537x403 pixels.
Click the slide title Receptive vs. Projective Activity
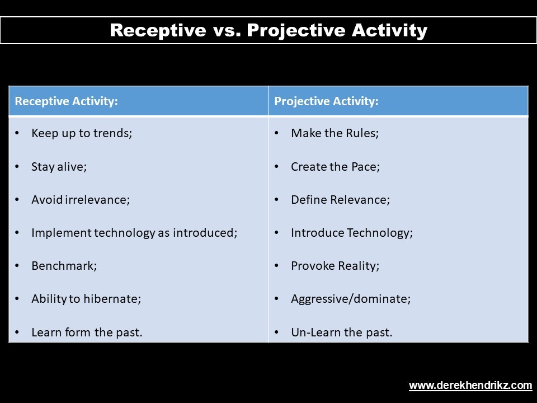(x=268, y=30)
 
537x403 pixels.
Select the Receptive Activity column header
(x=66, y=101)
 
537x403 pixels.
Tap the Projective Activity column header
(x=326, y=101)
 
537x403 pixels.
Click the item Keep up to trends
(x=82, y=133)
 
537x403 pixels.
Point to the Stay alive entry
(x=59, y=167)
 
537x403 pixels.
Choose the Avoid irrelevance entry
(x=81, y=199)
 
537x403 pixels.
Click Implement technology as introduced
(x=134, y=233)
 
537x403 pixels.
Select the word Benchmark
(x=64, y=265)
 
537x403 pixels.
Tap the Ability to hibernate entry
(x=86, y=299)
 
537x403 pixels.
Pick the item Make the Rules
(x=335, y=133)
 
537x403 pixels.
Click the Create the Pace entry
(x=336, y=167)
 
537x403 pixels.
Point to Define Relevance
(x=341, y=199)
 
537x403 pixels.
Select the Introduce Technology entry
(x=352, y=233)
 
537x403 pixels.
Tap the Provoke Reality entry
(x=335, y=266)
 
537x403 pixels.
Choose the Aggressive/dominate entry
(x=351, y=299)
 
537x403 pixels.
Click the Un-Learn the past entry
(x=342, y=332)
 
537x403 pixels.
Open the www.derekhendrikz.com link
(x=470, y=386)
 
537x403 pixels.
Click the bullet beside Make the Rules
(x=277, y=133)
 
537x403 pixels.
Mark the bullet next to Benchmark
(x=17, y=266)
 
